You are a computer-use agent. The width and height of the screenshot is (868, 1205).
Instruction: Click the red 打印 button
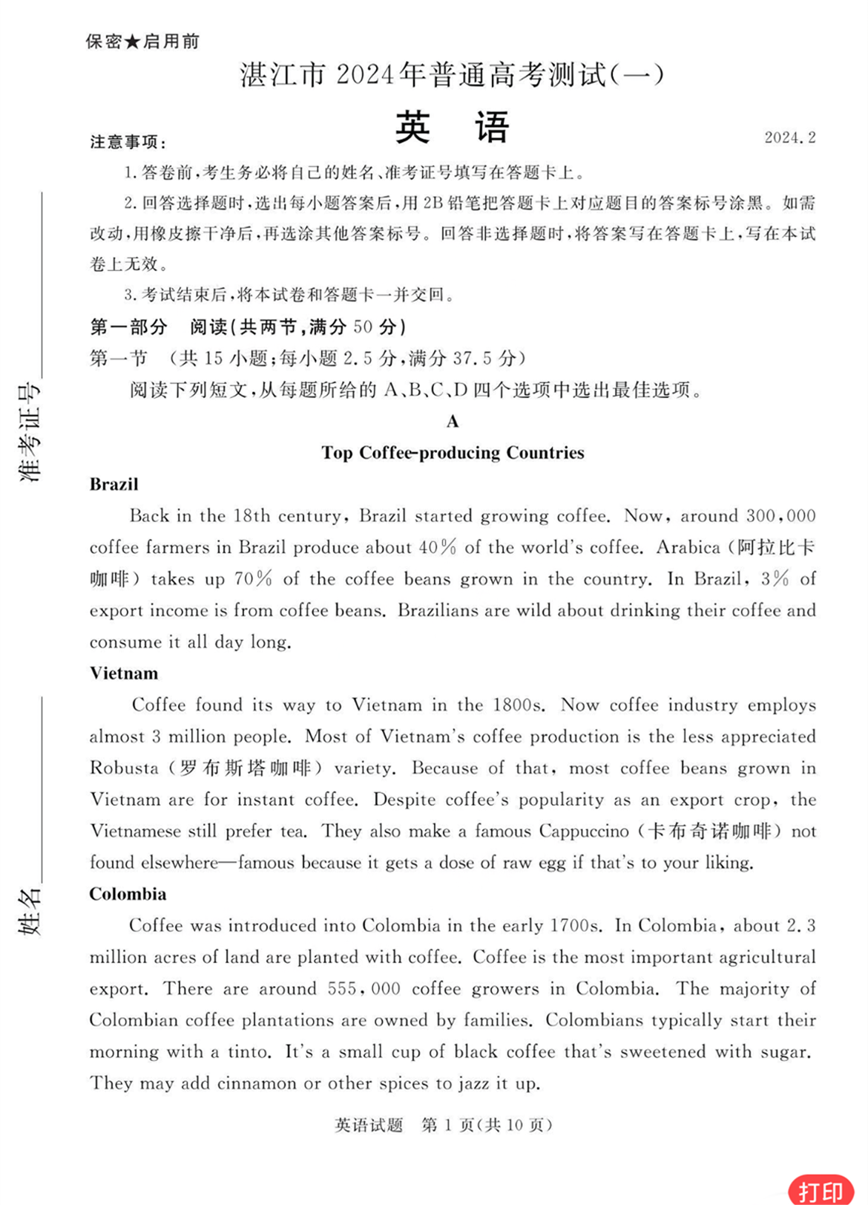[820, 1190]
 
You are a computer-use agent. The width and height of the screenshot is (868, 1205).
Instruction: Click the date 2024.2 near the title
[789, 137]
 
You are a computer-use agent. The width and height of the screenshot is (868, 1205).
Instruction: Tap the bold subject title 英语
[452, 127]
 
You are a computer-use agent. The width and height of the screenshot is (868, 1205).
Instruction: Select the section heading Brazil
[114, 484]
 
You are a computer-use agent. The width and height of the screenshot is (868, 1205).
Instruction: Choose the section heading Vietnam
[123, 673]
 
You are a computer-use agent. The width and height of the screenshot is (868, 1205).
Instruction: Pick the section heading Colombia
[128, 894]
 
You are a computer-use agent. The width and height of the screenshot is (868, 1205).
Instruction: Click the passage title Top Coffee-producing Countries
[453, 453]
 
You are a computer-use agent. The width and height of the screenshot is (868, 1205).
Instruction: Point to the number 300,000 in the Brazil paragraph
[780, 516]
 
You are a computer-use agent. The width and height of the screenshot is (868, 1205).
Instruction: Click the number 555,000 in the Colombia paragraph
[364, 989]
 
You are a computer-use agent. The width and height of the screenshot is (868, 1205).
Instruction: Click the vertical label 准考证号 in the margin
[30, 434]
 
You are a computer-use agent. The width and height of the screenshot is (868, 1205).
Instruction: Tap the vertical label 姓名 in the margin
[30, 911]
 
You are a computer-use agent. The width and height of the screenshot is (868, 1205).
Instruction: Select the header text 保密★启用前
[142, 42]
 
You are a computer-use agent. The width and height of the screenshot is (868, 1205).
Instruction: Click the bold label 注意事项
[128, 142]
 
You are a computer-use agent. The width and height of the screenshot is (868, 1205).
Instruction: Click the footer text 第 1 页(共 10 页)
[487, 1126]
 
